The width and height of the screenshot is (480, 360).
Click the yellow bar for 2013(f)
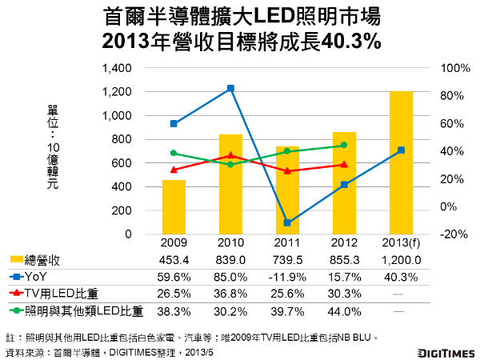coord(402,163)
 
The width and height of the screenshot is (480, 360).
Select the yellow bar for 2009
coord(174,207)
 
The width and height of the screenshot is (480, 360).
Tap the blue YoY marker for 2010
coord(230,88)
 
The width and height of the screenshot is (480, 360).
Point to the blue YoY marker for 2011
coord(287,222)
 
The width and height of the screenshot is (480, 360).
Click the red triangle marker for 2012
coord(344,165)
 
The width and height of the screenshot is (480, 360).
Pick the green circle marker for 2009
coord(174,153)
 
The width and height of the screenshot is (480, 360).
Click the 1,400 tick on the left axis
coord(116,68)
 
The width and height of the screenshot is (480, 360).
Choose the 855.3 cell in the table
coord(344,261)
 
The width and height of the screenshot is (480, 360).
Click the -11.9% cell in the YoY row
coord(287,277)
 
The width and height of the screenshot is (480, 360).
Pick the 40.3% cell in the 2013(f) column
coord(402,277)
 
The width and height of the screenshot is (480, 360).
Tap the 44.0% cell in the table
coord(344,310)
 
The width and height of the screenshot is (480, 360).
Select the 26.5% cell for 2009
coord(174,294)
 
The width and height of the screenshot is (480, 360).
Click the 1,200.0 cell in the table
coord(402,261)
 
